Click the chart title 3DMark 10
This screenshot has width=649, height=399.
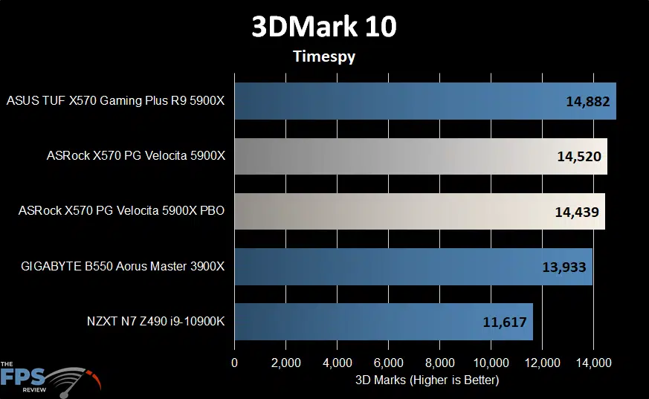(x=324, y=27)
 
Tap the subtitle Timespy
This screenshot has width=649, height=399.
(x=324, y=56)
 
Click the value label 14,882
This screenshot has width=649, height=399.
(x=587, y=102)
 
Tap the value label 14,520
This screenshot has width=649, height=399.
(x=578, y=157)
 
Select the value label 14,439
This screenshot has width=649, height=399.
(x=577, y=212)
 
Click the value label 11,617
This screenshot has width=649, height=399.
(x=505, y=322)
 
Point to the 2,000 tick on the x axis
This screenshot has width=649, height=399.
(x=286, y=363)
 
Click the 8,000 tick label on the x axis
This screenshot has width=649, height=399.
(x=439, y=363)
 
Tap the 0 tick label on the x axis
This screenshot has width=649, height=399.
(x=235, y=363)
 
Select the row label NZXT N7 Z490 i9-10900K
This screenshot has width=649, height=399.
(x=155, y=322)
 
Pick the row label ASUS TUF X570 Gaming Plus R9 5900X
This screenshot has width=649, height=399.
(x=115, y=102)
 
